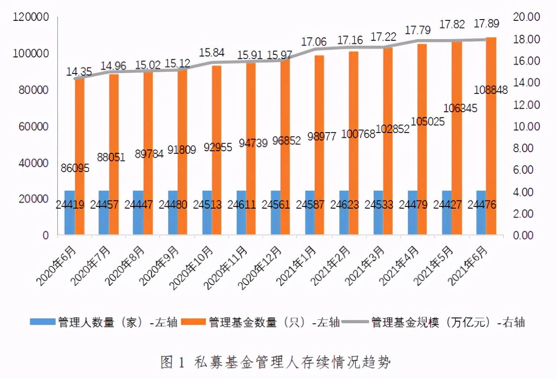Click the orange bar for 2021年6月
pyautogui.click(x=491, y=136)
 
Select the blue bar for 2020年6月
pyautogui.click(x=70, y=213)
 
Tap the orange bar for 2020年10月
pyautogui.click(x=216, y=150)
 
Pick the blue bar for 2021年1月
pyautogui.click(x=310, y=213)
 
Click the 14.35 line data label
pyautogui.click(x=79, y=72)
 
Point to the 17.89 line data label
pyautogui.click(x=486, y=23)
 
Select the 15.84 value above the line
pyautogui.click(x=212, y=53)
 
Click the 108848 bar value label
pyautogui.click(x=491, y=90)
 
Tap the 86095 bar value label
pyautogui.click(x=75, y=168)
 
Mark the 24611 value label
pyautogui.click(x=242, y=205)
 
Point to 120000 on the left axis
pyautogui.click(x=30, y=17)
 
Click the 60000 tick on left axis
pyautogui.click(x=33, y=126)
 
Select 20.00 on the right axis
pyautogui.click(x=527, y=17)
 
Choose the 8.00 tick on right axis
pyautogui.click(x=523, y=148)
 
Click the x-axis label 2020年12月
pyautogui.click(x=260, y=267)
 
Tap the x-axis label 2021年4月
pyautogui.click(x=399, y=265)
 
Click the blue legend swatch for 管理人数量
pyautogui.click(x=43, y=322)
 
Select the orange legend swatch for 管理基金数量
pyautogui.click(x=193, y=322)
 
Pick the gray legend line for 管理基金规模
pyautogui.click(x=355, y=322)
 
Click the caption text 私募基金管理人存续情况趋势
pyautogui.click(x=292, y=362)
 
